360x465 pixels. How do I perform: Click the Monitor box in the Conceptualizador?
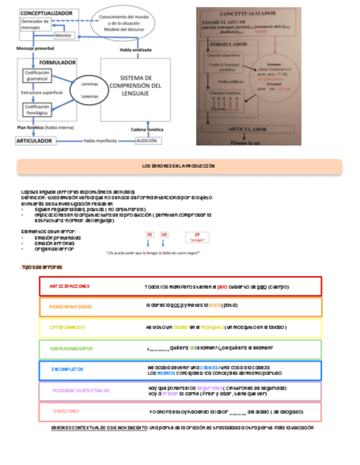click(x=64, y=35)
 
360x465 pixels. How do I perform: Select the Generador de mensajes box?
click(x=35, y=24)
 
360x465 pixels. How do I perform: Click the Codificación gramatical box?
click(x=37, y=76)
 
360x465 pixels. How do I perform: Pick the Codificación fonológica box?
click(x=37, y=110)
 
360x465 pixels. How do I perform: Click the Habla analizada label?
click(x=136, y=50)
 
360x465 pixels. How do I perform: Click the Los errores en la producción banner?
click(x=179, y=166)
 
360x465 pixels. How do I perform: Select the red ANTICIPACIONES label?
click(x=69, y=286)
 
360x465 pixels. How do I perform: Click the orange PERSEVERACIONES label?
click(x=71, y=307)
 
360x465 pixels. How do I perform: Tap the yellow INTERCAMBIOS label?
click(x=67, y=327)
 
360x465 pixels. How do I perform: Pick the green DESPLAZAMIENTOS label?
click(x=72, y=348)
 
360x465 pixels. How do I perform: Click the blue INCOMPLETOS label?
click(x=67, y=370)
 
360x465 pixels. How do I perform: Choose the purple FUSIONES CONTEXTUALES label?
click(x=81, y=390)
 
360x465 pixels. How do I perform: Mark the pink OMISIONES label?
click(x=66, y=411)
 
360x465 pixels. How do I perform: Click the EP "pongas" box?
click(x=197, y=237)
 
